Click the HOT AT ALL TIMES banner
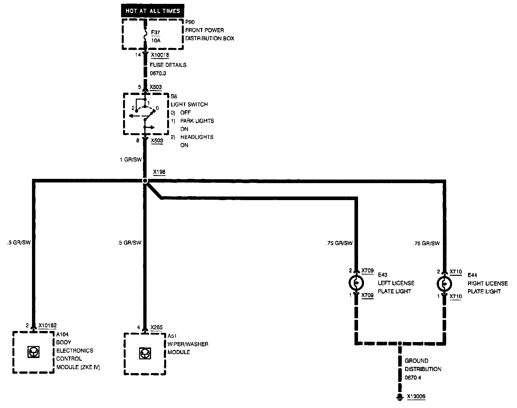tap(153, 11)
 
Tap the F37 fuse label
tap(156, 33)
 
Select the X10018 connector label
tap(160, 55)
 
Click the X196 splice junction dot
tap(145, 180)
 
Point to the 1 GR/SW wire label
tap(131, 160)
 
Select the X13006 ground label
tap(416, 397)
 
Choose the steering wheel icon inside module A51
tap(144, 353)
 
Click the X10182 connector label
tap(47, 325)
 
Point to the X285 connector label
tap(157, 327)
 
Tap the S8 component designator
tap(174, 96)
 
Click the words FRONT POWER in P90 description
tap(205, 30)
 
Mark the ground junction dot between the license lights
tap(399, 343)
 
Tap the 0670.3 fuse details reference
tap(158, 73)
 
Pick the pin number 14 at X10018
tap(138, 55)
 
